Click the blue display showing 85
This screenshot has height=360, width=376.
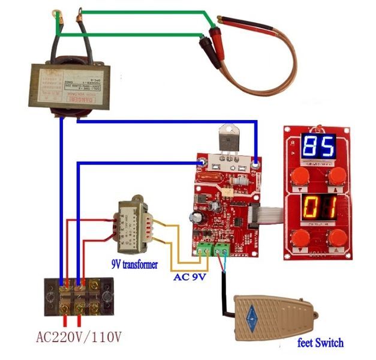tap(317, 146)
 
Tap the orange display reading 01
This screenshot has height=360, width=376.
tap(317, 208)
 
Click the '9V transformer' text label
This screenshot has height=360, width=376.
tap(136, 263)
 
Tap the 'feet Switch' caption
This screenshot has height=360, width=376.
tap(321, 343)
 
